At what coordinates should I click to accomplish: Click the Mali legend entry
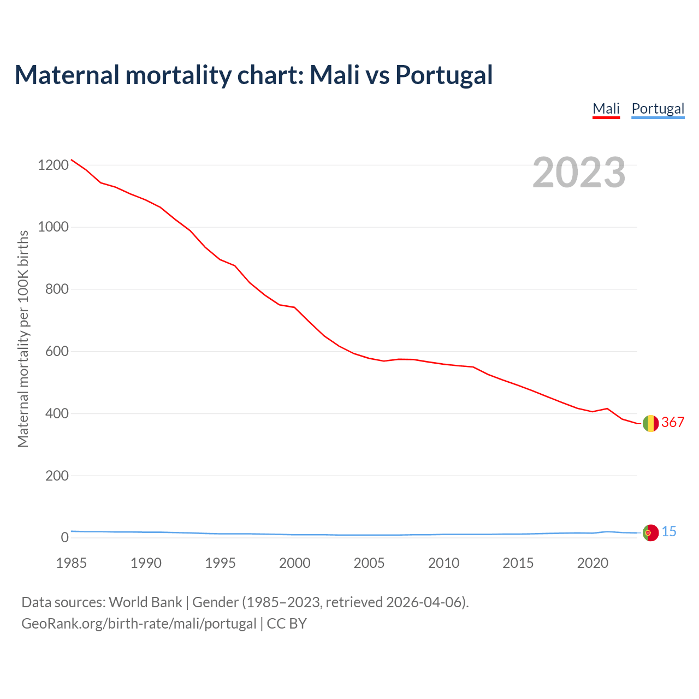click(x=606, y=109)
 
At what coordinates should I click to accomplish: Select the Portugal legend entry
click(x=657, y=109)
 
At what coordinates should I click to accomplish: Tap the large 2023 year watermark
click(x=579, y=173)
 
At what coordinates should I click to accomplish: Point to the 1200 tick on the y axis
click(x=54, y=165)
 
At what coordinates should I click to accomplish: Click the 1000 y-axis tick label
click(x=54, y=227)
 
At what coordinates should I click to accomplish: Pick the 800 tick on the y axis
click(x=57, y=289)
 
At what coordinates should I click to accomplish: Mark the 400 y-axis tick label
click(x=57, y=413)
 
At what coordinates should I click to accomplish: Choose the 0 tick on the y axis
click(x=65, y=538)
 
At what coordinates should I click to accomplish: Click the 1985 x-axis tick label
click(x=71, y=563)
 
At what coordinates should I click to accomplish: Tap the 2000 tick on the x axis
click(x=295, y=563)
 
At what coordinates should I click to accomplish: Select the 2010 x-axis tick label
click(x=443, y=563)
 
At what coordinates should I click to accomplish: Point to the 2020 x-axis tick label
click(x=593, y=563)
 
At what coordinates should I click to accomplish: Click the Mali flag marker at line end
click(x=650, y=423)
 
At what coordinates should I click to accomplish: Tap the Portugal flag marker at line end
click(x=650, y=532)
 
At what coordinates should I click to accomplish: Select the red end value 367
click(x=673, y=422)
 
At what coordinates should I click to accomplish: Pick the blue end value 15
click(x=669, y=531)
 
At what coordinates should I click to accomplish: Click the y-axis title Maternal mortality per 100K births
click(x=23, y=339)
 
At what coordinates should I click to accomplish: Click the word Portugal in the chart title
click(x=444, y=75)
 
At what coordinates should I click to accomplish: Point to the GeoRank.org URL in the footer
click(x=139, y=624)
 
